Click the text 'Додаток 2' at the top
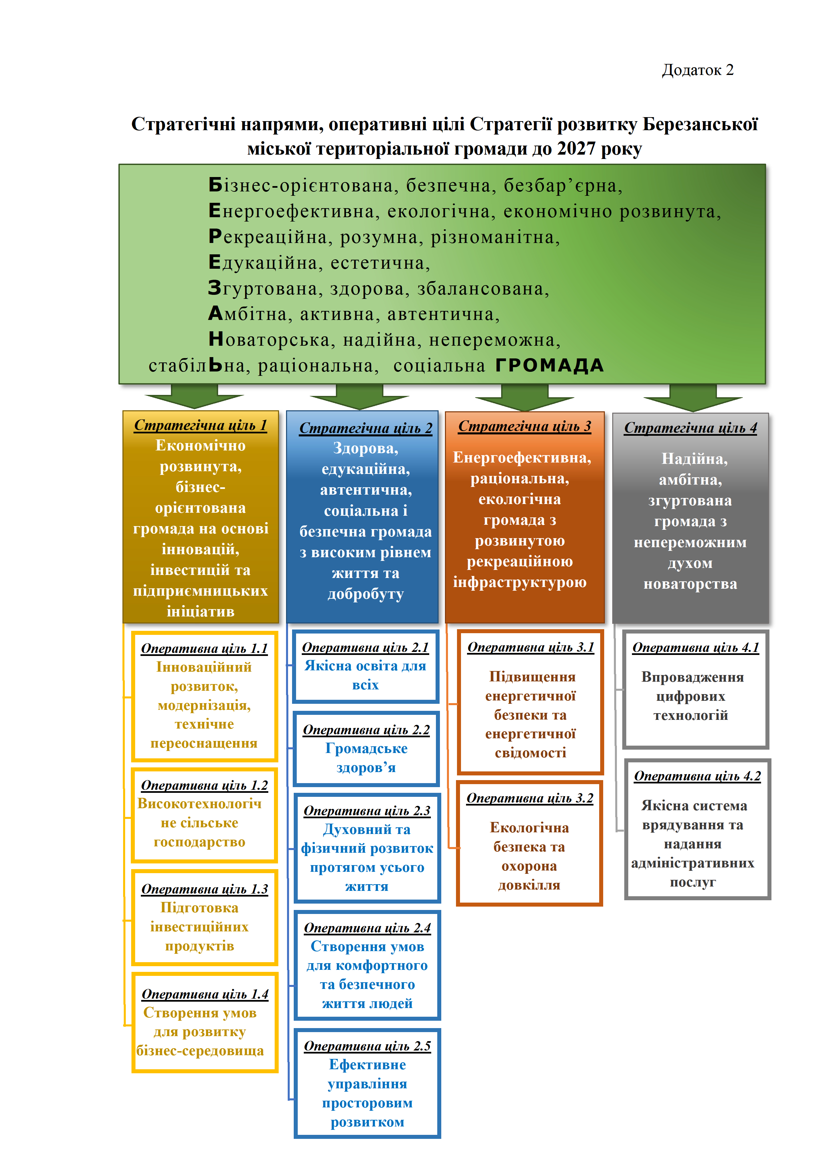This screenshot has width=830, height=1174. (x=698, y=70)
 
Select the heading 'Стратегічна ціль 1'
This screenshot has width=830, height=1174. (x=200, y=425)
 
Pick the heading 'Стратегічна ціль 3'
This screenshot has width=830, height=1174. (x=524, y=426)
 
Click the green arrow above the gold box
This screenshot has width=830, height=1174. (x=194, y=396)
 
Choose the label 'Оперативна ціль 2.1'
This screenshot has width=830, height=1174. (x=365, y=647)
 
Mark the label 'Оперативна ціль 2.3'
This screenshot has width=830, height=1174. (x=367, y=811)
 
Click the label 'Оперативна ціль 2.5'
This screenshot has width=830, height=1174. (x=367, y=1046)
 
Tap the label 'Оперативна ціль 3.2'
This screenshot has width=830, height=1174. (x=530, y=798)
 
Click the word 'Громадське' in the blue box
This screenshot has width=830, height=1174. (x=366, y=749)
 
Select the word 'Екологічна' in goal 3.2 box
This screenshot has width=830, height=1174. (x=530, y=827)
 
